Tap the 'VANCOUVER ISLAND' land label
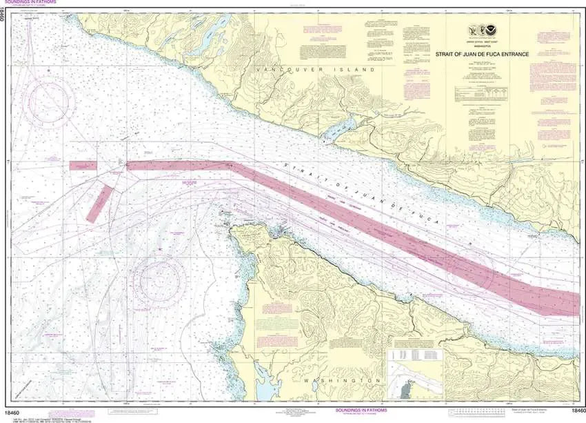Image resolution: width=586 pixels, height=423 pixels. point(314,70)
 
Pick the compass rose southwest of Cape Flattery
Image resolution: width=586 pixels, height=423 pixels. point(160,279)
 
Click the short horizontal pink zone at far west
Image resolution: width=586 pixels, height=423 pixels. point(83,166)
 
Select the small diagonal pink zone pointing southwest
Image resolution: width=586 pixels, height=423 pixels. point(99,202)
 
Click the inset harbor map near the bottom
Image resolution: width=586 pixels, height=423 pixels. point(413,380)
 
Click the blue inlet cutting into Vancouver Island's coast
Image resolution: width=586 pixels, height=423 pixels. point(345,126)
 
